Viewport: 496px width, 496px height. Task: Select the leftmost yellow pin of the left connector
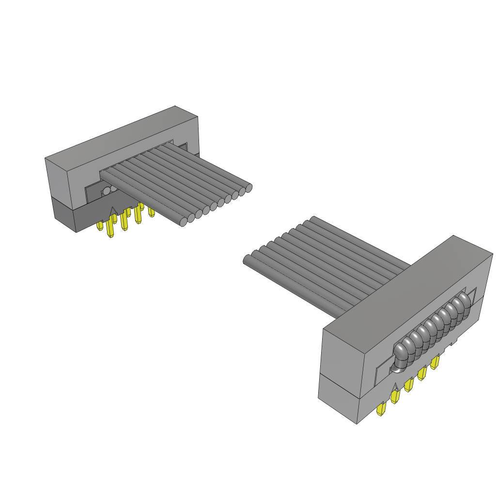[100, 226]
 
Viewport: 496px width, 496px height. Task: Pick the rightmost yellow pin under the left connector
[151, 212]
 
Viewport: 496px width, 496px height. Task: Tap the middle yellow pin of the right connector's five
[408, 385]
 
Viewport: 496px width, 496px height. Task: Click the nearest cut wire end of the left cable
[183, 222]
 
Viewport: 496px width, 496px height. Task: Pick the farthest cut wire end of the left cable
[249, 188]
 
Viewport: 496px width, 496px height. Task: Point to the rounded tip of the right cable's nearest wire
[246, 260]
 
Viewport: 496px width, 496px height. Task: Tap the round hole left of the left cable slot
[106, 191]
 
